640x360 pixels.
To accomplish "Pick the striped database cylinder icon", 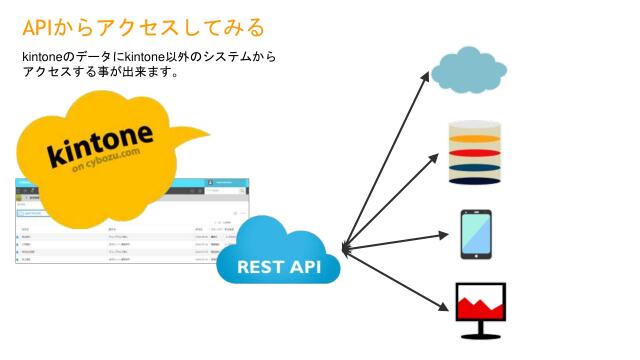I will tap(474, 152).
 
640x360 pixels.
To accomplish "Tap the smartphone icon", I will tap(475, 234).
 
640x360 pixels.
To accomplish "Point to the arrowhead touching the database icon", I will tap(435, 157).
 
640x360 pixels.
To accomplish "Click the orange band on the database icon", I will tap(474, 139).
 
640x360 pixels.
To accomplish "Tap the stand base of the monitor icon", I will tap(479, 336).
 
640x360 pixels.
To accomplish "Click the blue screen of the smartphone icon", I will tap(475, 233).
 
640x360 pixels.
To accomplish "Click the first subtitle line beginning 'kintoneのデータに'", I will tap(149, 57).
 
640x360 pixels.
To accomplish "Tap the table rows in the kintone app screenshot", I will tap(130, 246).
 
